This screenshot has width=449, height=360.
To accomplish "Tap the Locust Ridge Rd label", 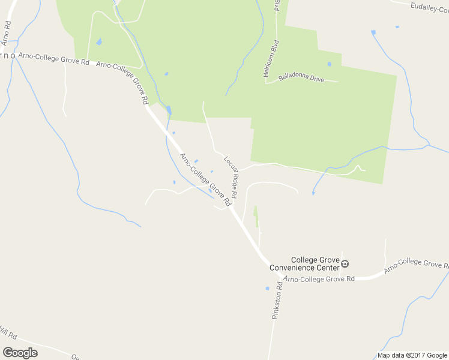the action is coord(232,178).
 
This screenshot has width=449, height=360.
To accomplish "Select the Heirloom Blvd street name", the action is coord(271,59).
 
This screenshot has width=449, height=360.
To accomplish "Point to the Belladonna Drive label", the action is coord(301,78).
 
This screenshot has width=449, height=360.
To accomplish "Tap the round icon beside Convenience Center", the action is coord(345,263).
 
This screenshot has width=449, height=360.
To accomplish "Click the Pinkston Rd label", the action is coord(277,305).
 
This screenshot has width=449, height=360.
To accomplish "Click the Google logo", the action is coord(20,353).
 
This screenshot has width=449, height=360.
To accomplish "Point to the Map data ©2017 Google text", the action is coord(412,355).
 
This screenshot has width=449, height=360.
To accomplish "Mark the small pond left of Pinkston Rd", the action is coord(267,289).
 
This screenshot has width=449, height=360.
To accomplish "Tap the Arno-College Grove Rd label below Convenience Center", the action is coord(319,279).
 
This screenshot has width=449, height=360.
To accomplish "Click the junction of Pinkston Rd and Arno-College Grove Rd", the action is coord(281,277).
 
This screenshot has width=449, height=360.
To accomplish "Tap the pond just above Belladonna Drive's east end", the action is coord(329,64).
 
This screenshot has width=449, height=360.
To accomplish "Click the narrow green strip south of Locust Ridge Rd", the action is coord(256,216).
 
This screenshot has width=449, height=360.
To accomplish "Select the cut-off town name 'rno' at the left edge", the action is coord(7,55).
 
